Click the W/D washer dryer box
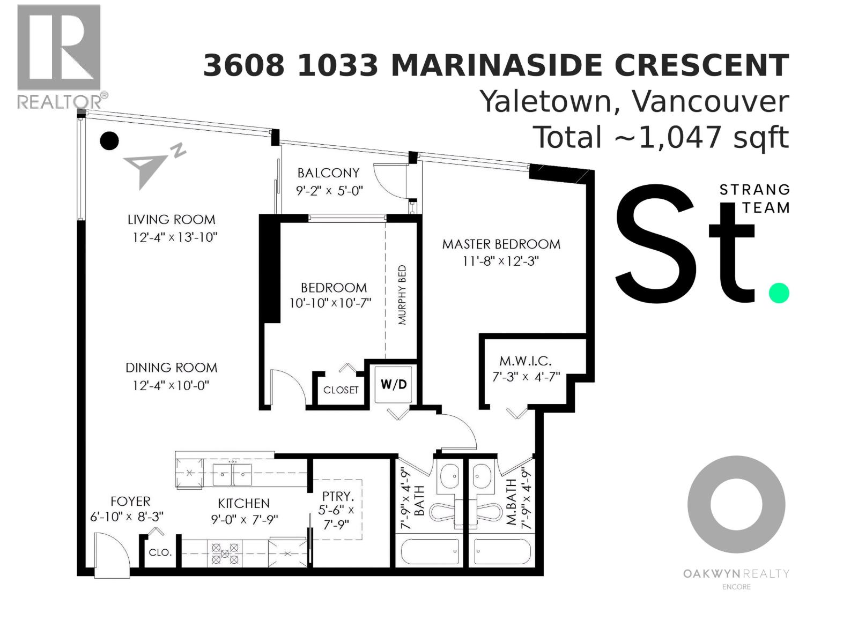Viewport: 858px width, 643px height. [x=394, y=384]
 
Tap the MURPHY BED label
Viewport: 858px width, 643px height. [x=402, y=295]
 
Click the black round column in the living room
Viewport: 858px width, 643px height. [x=109, y=141]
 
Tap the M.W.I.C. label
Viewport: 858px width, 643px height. [x=526, y=361]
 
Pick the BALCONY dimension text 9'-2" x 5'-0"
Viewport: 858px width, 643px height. [x=329, y=190]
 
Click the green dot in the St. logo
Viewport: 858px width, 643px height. [x=779, y=293]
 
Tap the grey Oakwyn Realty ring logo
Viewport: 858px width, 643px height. [x=736, y=505]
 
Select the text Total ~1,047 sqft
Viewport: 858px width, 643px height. [x=661, y=138]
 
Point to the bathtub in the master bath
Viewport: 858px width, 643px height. [x=502, y=552]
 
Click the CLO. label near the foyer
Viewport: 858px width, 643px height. [x=160, y=552]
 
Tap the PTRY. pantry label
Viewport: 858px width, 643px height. [x=338, y=497]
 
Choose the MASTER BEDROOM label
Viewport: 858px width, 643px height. [x=501, y=244]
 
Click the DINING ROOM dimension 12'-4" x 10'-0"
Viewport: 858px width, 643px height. [x=171, y=385]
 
